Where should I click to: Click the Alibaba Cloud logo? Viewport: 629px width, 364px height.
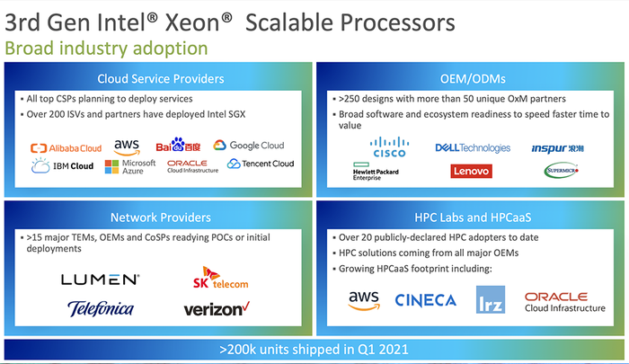pyautogui.click(x=66, y=148)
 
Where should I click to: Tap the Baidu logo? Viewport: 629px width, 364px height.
pyautogui.click(x=178, y=145)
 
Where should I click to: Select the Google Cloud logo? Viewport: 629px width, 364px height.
pyautogui.click(x=249, y=146)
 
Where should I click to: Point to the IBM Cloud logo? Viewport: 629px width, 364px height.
pyautogui.click(x=62, y=165)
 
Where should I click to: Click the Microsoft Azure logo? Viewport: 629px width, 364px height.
pyautogui.click(x=130, y=166)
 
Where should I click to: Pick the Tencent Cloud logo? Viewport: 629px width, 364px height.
pyautogui.click(x=261, y=164)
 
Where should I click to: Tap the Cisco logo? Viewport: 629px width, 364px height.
pyautogui.click(x=389, y=147)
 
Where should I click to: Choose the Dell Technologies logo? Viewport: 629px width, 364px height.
pyautogui.click(x=473, y=148)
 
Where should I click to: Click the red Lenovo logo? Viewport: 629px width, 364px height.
pyautogui.click(x=471, y=172)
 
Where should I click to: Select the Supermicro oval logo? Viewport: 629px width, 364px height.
pyautogui.click(x=562, y=171)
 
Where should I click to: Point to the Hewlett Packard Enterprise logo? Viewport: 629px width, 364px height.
pyautogui.click(x=376, y=172)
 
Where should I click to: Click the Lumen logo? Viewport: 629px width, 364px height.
pyautogui.click(x=101, y=280)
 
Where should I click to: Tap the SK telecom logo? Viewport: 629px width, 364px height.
pyautogui.click(x=220, y=278)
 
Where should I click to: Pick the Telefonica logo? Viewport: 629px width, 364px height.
pyautogui.click(x=101, y=308)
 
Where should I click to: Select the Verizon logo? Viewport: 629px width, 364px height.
pyautogui.click(x=217, y=308)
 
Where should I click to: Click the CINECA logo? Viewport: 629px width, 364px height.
pyautogui.click(x=425, y=300)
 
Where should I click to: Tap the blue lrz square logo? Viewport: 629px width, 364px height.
pyautogui.click(x=491, y=300)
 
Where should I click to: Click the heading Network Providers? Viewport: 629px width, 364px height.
pyautogui.click(x=161, y=218)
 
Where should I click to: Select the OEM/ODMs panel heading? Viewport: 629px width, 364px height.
pyautogui.click(x=473, y=79)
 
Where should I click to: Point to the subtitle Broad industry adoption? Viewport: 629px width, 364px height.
pyautogui.click(x=106, y=49)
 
